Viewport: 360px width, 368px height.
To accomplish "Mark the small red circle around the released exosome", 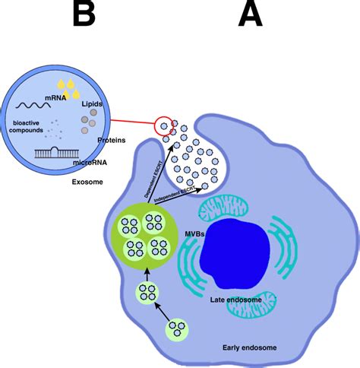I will [163, 125].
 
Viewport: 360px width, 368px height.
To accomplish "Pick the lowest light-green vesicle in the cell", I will [177, 328].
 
